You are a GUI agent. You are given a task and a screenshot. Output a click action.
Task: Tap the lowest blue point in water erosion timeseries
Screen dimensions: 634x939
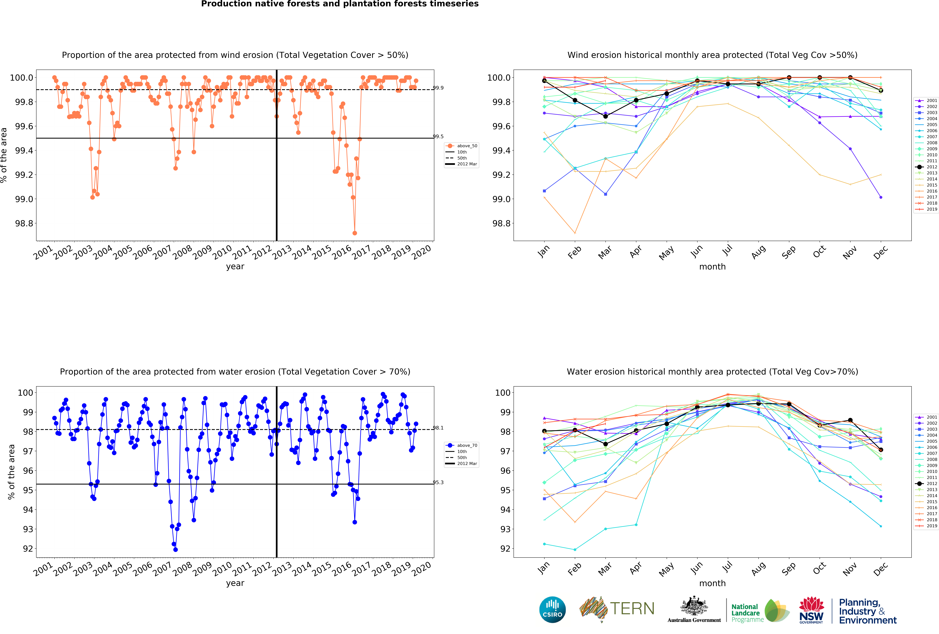tap(175, 550)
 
